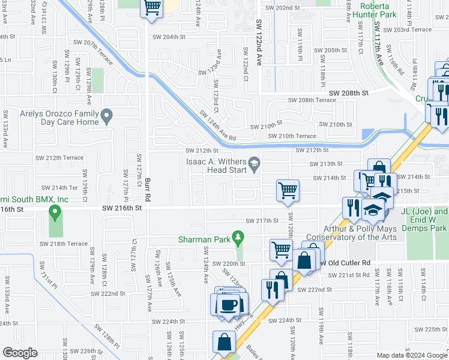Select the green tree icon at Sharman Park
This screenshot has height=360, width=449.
[x=238, y=238]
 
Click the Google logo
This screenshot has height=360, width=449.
[x=20, y=353]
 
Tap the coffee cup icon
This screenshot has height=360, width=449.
[x=228, y=305]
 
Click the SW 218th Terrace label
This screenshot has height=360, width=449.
[x=64, y=244]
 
